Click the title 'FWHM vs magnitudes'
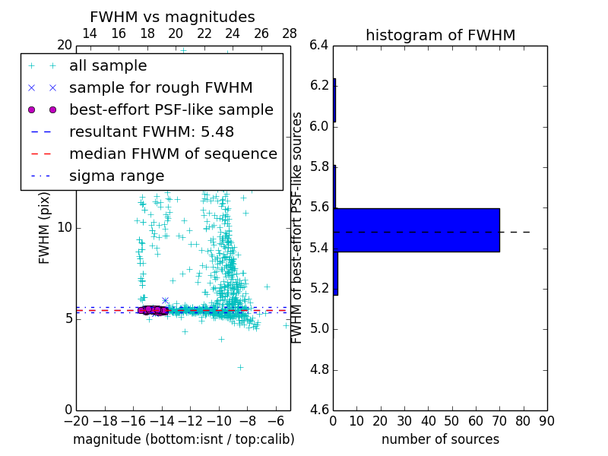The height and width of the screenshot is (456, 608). click(172, 17)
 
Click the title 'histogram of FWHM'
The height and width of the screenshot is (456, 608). click(440, 35)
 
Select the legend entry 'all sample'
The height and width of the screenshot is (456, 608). click(108, 66)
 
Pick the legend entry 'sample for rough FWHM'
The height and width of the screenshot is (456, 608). click(160, 88)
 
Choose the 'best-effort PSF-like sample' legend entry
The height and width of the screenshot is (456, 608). click(171, 110)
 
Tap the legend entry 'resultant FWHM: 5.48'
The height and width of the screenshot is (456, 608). click(151, 132)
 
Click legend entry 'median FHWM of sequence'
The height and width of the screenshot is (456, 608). click(173, 154)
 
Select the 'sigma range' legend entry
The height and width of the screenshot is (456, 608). click(116, 176)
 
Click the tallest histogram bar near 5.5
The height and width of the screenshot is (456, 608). click(416, 230)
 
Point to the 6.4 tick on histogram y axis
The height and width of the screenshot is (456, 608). click(320, 45)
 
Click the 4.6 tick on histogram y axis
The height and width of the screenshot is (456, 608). click(320, 410)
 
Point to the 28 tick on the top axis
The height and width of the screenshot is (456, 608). click(290, 33)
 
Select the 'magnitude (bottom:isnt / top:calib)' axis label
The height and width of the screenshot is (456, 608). click(183, 439)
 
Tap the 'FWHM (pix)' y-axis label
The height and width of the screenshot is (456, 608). click(45, 228)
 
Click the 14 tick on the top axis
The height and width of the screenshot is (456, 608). click(89, 33)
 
